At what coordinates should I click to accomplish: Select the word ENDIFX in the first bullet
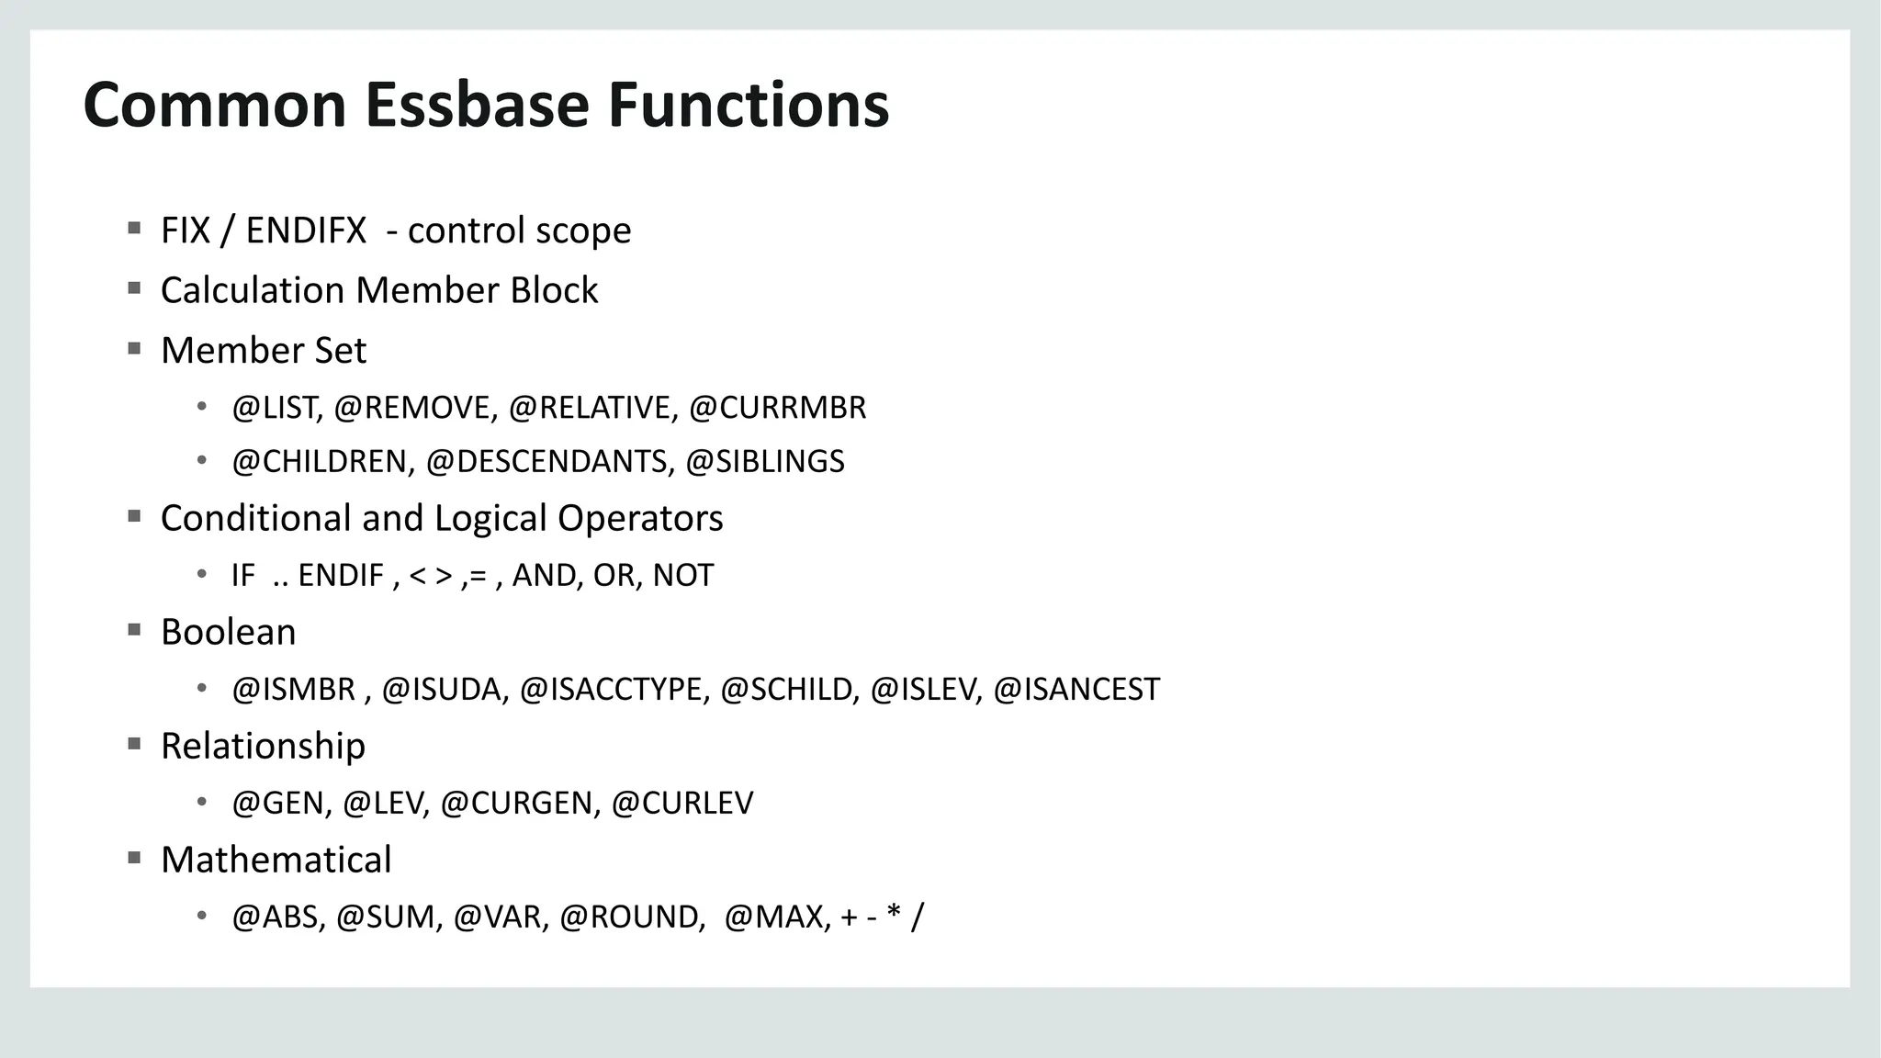pyautogui.click(x=306, y=231)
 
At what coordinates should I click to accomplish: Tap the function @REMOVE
pyautogui.click(x=415, y=408)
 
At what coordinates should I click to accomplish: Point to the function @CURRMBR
pyautogui.click(x=777, y=408)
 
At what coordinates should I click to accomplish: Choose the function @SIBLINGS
pyautogui.click(x=764, y=461)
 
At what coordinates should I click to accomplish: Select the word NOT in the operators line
pyautogui.click(x=682, y=576)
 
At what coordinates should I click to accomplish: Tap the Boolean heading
pyautogui.click(x=228, y=633)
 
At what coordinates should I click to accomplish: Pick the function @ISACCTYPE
pyautogui.click(x=614, y=690)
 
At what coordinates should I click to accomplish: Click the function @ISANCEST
pyautogui.click(x=1076, y=690)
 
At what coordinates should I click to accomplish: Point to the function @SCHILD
pyautogui.click(x=789, y=690)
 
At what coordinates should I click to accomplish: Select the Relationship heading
pyautogui.click(x=263, y=747)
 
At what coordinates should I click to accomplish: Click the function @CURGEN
pyautogui.click(x=520, y=804)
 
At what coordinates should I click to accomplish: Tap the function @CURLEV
pyautogui.click(x=681, y=804)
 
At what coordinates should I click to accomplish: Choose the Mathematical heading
pyautogui.click(x=276, y=861)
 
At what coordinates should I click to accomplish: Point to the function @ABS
pyautogui.click(x=278, y=917)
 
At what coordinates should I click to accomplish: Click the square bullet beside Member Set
pyautogui.click(x=134, y=349)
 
